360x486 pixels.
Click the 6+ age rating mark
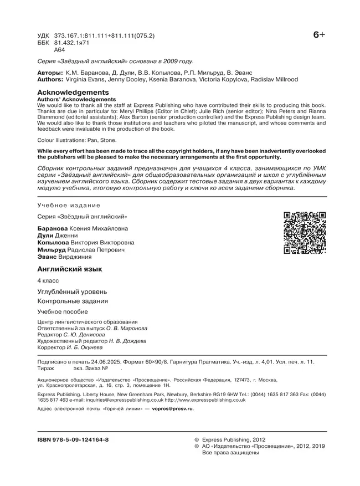[319, 36]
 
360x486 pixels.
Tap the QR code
[304, 233]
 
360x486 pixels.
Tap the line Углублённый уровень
[72, 291]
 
